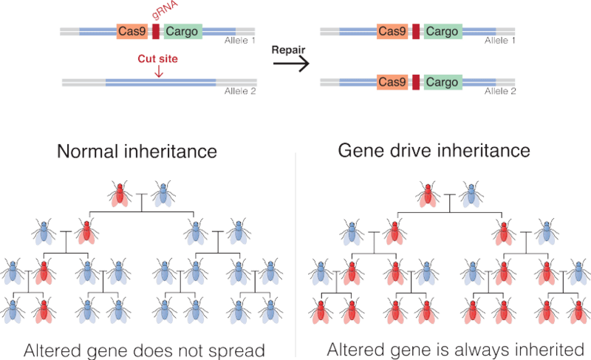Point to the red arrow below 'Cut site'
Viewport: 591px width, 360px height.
157,71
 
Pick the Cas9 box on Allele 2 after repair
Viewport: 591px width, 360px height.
392,82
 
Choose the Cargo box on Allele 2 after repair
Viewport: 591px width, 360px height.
442,82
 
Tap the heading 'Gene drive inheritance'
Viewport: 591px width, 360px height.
434,152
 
